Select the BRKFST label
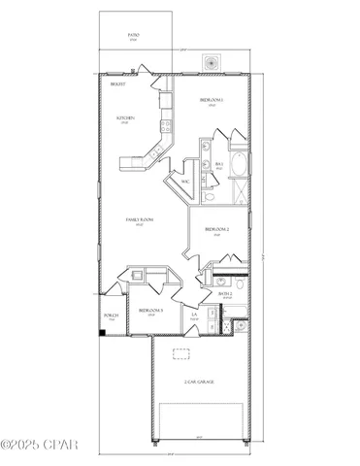click(116, 84)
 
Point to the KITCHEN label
click(125, 117)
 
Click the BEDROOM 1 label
click(212, 100)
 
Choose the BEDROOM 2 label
click(215, 229)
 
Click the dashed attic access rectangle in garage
click(180, 354)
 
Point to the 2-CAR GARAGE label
click(198, 383)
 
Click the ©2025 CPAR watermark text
click(36, 446)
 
